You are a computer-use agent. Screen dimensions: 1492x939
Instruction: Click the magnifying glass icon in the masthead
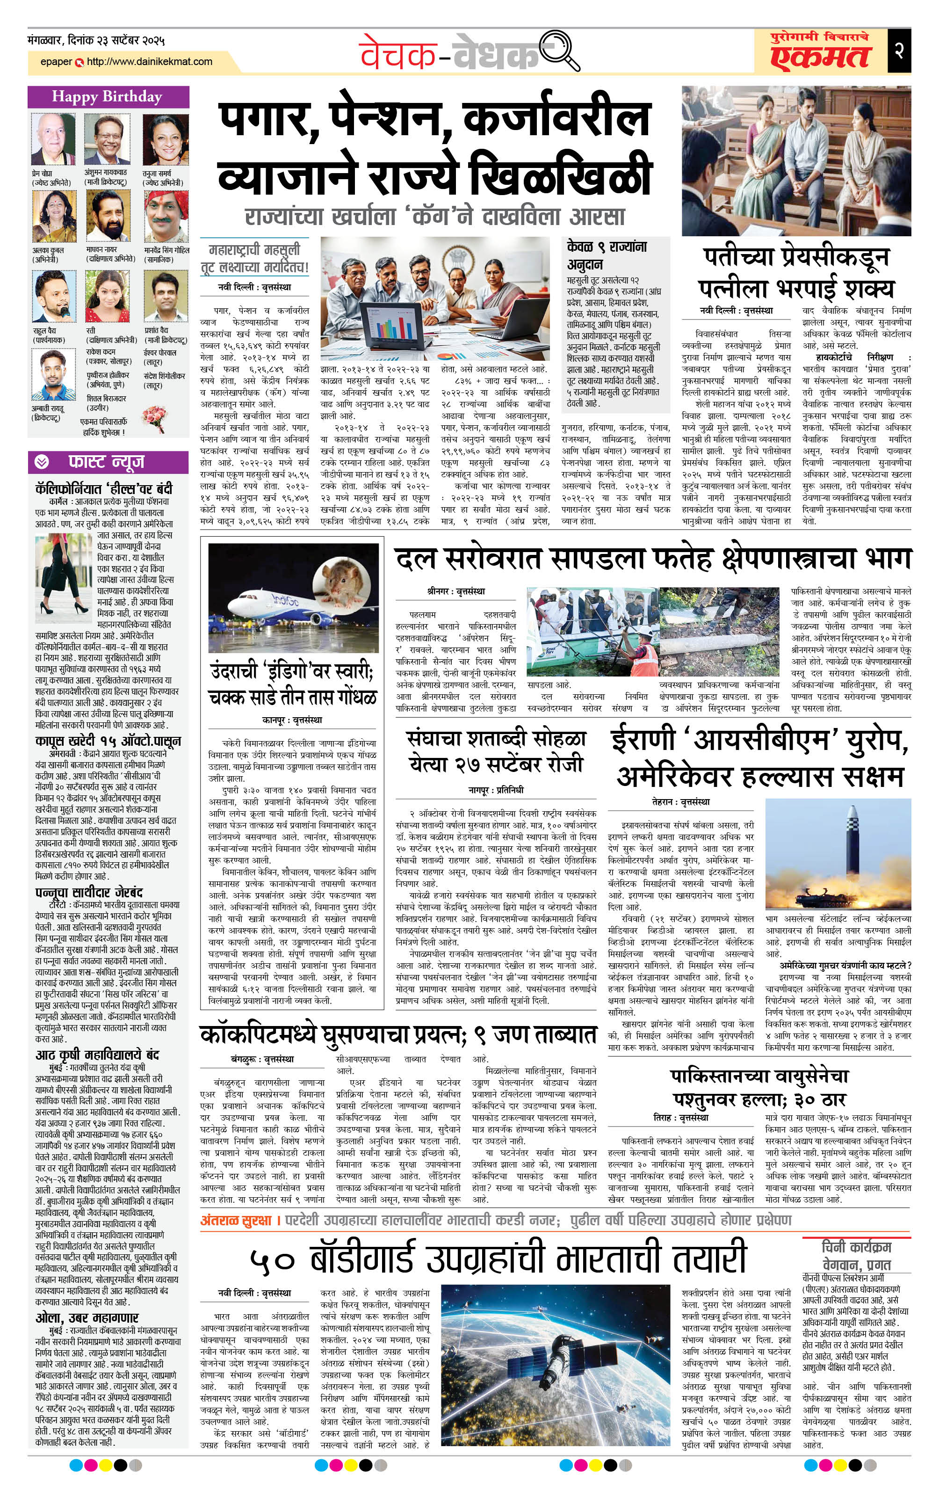click(559, 51)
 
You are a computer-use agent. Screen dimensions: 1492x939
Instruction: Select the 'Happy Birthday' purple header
click(108, 97)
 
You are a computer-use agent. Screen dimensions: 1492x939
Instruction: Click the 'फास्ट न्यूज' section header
click(106, 462)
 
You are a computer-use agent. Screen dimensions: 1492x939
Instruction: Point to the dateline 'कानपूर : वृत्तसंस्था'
click(292, 720)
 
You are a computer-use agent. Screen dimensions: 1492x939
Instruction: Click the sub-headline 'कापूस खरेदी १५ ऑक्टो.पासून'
click(108, 741)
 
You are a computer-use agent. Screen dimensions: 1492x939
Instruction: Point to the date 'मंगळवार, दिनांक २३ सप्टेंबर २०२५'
click(97, 41)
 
